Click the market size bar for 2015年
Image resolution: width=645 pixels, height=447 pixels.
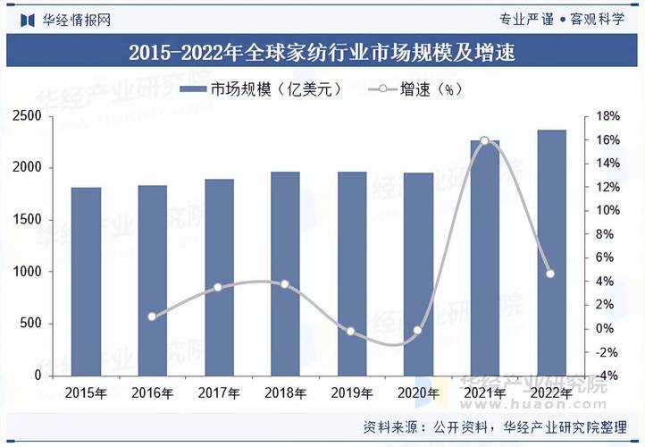click(86, 282)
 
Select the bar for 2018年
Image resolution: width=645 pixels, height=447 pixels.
click(285, 274)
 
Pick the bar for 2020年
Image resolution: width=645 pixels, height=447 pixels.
click(418, 274)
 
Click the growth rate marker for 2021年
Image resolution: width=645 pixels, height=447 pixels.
click(484, 141)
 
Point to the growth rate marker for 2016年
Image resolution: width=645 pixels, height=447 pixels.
click(152, 316)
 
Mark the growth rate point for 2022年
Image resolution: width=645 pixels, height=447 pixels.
click(550, 274)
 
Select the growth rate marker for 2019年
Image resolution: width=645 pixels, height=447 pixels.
click(351, 332)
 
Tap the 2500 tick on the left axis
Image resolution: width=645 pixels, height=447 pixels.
click(28, 116)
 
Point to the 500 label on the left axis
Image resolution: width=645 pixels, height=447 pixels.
click(31, 324)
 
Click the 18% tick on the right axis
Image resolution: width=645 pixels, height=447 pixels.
click(607, 116)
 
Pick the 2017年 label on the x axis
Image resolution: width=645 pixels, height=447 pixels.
click(219, 393)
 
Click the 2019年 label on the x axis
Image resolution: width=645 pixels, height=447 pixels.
click(352, 393)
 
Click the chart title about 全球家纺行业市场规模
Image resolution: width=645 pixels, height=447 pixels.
click(322, 52)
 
